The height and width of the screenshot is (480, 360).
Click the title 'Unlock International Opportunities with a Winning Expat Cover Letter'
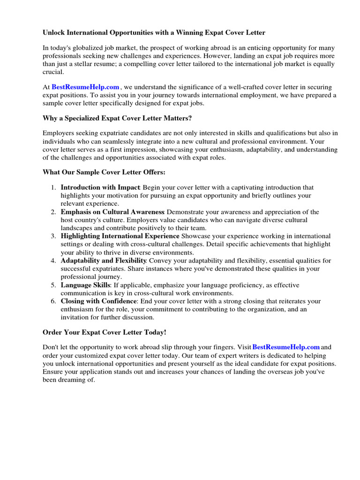(154, 33)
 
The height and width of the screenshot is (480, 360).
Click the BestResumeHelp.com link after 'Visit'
(286, 347)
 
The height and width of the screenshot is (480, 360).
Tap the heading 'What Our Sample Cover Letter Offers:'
(104, 172)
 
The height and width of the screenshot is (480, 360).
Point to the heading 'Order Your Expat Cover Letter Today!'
(105, 332)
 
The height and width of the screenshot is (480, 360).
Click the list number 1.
(53, 187)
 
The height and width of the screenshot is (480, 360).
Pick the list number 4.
(53, 261)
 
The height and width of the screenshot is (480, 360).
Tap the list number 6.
(53, 301)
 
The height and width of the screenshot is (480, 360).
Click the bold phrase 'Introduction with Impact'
(101, 187)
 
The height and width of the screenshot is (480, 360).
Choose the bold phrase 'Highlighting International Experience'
(120, 236)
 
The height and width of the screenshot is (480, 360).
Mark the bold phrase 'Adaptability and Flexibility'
(104, 261)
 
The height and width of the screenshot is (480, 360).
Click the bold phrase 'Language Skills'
(86, 285)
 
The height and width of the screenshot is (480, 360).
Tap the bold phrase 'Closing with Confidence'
(99, 301)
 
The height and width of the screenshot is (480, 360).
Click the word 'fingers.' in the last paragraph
(222, 347)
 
